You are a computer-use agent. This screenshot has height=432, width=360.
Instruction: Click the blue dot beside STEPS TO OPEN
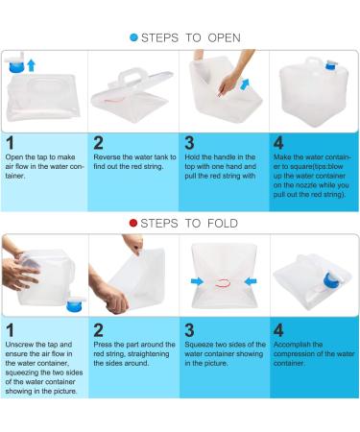[x=133, y=37]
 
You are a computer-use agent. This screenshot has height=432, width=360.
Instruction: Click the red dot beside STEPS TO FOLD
[x=133, y=223]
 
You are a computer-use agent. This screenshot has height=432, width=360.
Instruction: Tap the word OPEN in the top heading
[x=224, y=37]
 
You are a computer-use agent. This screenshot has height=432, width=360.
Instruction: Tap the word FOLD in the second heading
[x=223, y=224]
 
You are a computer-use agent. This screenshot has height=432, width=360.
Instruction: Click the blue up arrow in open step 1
[x=31, y=65]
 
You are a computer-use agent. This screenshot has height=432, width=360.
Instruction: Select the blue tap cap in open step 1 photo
[x=16, y=67]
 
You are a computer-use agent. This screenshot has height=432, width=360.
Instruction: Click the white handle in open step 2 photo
[x=132, y=76]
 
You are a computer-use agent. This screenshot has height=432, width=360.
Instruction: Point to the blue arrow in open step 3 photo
[x=245, y=84]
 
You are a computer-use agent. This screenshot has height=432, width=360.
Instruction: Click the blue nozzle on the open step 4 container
[x=330, y=65]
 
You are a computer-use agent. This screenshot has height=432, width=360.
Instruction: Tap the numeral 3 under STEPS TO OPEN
[x=189, y=143]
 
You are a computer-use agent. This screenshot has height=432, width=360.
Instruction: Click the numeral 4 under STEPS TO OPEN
[x=278, y=143]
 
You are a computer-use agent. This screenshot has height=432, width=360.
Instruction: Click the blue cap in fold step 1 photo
[x=76, y=305]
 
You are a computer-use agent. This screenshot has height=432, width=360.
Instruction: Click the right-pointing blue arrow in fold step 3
[x=197, y=281]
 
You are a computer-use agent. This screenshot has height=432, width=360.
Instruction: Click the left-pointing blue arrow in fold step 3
[x=251, y=281]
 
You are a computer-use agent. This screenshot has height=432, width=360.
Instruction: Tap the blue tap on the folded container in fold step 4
[x=333, y=280]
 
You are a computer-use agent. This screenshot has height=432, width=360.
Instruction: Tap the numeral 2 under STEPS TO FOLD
[x=98, y=330]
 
